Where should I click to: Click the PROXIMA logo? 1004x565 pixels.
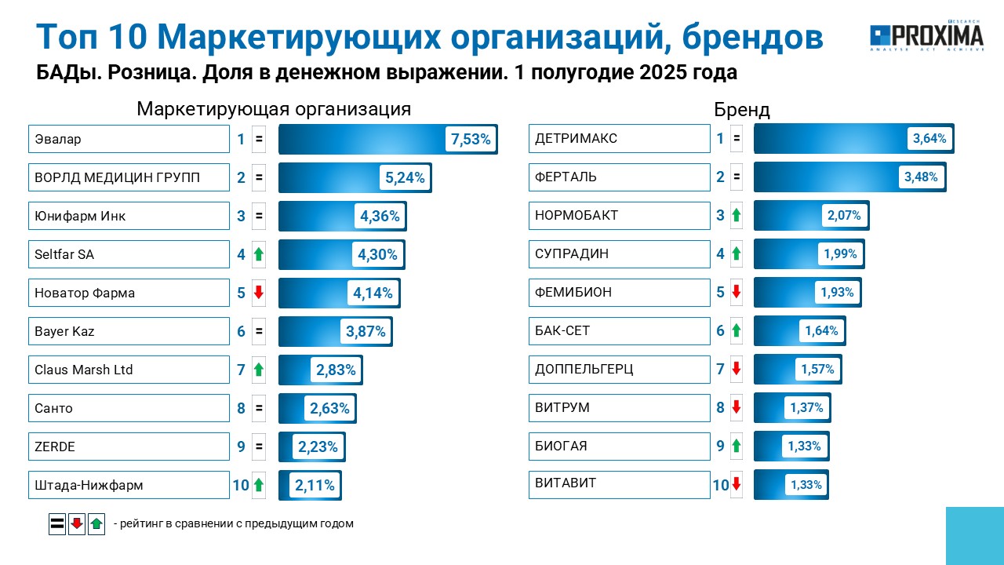926,35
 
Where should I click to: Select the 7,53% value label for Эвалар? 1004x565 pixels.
471,139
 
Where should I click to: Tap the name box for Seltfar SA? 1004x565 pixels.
129,254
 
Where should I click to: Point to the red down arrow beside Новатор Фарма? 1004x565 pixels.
259,293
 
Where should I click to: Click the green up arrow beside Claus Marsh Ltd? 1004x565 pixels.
259,370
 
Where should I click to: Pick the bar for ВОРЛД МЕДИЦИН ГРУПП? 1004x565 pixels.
355,177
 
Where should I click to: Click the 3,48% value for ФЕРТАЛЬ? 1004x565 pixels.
921,177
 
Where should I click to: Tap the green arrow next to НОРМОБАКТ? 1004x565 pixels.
736,215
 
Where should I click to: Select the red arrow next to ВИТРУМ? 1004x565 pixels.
736,407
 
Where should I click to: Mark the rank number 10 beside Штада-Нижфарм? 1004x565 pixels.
241,485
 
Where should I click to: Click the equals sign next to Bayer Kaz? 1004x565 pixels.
259,331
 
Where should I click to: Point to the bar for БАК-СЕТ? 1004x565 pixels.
800,331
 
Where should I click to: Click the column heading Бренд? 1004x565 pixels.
742,109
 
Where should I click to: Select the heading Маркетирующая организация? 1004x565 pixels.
274,109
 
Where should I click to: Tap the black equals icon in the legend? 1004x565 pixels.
57,523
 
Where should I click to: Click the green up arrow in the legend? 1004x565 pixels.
96,523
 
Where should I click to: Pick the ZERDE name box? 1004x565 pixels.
129,447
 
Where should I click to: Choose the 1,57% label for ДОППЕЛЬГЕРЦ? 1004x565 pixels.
817,369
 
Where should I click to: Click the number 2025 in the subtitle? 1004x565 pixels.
663,72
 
